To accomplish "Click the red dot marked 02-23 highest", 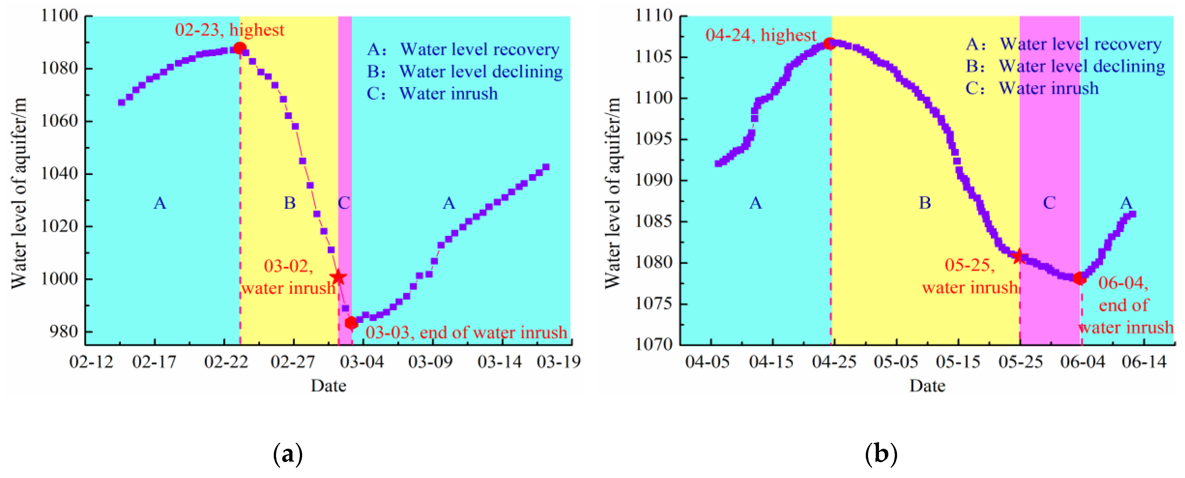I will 239,48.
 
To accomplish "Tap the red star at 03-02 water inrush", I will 338,277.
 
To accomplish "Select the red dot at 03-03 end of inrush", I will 351,323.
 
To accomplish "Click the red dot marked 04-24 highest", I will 829,44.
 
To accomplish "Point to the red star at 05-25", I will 1018,256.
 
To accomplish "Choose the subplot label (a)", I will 288,454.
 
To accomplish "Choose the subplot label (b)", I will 881,454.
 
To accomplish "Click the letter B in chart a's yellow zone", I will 289,203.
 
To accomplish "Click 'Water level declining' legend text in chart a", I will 481,72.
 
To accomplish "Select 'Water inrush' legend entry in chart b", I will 1048,88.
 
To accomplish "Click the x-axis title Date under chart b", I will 927,386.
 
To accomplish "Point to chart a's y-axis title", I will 19,193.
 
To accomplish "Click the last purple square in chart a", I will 546,167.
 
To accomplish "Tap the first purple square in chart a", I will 121,102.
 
